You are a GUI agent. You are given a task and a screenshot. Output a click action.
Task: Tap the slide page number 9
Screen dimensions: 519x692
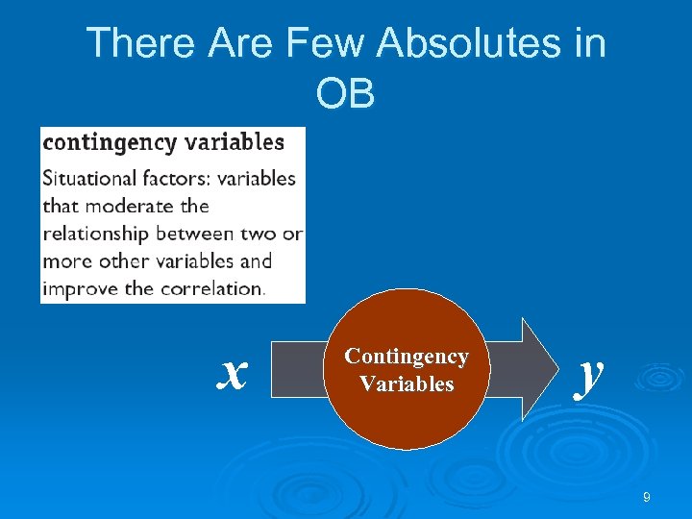pyautogui.click(x=647, y=497)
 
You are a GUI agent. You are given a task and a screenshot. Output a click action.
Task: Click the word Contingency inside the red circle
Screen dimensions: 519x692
pyautogui.click(x=407, y=357)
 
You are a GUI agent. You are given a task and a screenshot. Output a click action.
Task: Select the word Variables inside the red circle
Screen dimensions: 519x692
pyautogui.click(x=407, y=384)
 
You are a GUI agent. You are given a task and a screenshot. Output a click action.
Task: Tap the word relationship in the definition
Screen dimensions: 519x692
pyautogui.click(x=96, y=234)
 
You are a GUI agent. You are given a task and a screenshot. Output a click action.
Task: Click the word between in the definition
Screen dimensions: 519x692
pyautogui.click(x=194, y=234)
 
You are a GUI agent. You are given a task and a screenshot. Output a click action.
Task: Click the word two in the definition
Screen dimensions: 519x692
pyautogui.click(x=261, y=234)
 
